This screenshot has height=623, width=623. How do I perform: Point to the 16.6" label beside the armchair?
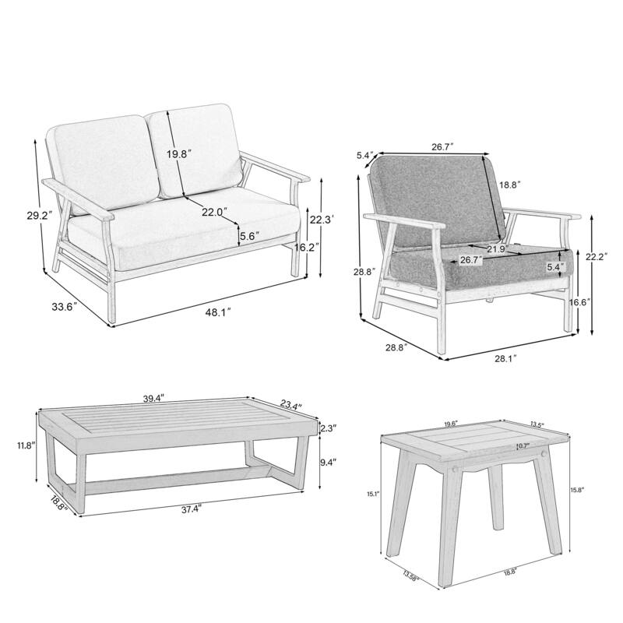[x=578, y=301]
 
